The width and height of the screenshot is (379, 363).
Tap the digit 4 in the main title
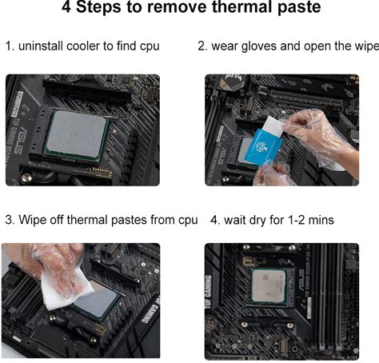click(x=66, y=6)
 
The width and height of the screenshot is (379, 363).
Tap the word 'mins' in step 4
click(x=321, y=220)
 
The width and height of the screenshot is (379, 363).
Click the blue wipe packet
click(x=263, y=147)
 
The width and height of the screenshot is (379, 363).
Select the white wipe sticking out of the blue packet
click(x=274, y=126)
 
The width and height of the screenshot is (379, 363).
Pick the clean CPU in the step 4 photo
click(x=269, y=286)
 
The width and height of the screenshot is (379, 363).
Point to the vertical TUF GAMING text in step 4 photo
click(x=209, y=292)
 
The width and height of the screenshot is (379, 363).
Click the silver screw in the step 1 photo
click(x=26, y=177)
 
